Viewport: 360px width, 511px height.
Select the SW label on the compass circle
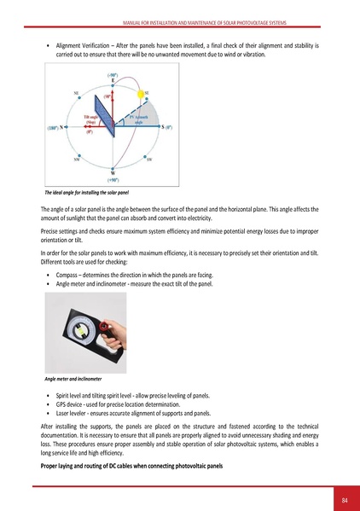[149, 160]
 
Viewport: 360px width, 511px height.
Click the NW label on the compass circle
[78, 160]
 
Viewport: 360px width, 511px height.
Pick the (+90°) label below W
[113, 180]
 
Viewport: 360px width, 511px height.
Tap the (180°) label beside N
[54, 127]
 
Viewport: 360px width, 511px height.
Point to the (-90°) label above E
[113, 74]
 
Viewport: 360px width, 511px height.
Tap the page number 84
[345, 498]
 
